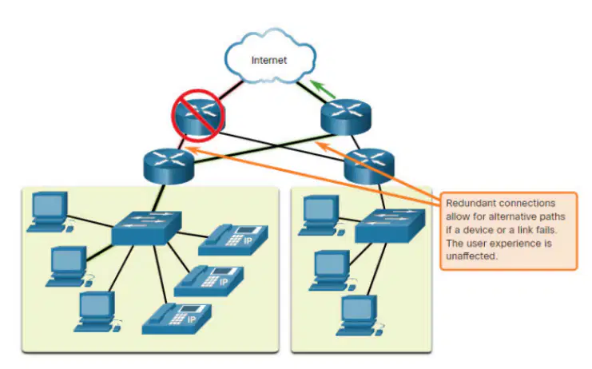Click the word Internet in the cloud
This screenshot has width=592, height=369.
(268, 60)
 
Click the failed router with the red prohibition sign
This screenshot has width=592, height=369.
(199, 116)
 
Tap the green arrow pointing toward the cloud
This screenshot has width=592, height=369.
(323, 89)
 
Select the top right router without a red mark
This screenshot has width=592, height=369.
(346, 117)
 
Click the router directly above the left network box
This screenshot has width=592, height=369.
(169, 166)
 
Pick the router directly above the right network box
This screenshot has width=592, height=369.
(369, 166)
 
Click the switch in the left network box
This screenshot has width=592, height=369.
(146, 228)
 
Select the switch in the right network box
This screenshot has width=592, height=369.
(390, 225)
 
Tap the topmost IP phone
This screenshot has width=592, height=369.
(233, 240)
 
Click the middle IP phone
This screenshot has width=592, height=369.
(209, 281)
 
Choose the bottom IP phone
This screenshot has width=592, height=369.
(177, 319)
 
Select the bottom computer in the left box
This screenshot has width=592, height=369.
(97, 311)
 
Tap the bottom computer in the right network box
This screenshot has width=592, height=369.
(360, 315)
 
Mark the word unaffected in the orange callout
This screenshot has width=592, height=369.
(471, 256)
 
